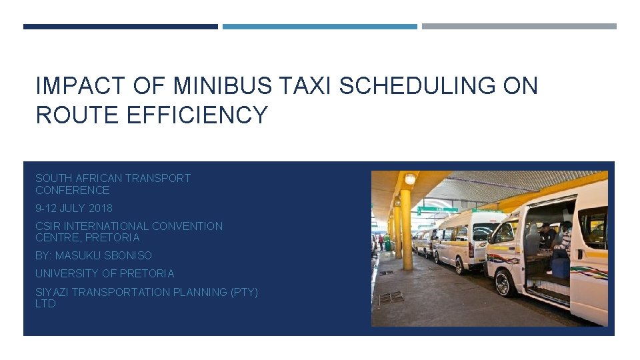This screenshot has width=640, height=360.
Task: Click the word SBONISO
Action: coord(129,255)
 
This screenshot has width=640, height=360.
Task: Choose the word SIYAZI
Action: coord(51,292)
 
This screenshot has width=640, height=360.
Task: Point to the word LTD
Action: coord(45,303)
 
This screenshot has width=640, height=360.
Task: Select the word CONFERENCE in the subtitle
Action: coord(72,190)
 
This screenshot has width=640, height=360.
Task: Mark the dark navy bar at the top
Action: coord(120,27)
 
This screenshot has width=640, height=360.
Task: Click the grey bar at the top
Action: coord(519,27)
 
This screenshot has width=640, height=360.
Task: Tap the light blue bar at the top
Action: coord(319,27)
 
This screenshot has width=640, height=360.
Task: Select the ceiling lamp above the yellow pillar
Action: coord(410,178)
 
